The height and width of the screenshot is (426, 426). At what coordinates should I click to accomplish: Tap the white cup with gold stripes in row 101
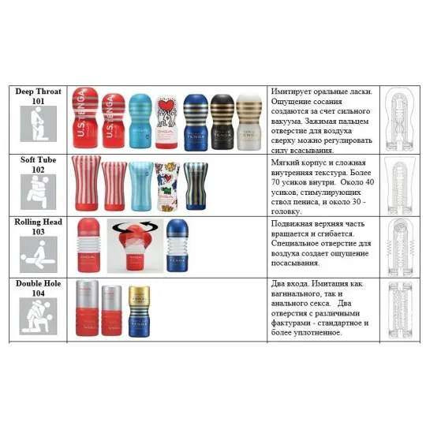pyautogui.click(x=251, y=121)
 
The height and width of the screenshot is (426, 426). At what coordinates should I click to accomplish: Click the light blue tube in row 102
pyautogui.click(x=141, y=185)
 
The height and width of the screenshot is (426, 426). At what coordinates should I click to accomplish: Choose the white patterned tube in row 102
pyautogui.click(x=168, y=186)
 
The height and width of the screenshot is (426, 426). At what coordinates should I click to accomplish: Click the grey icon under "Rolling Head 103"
pyautogui.click(x=34, y=255)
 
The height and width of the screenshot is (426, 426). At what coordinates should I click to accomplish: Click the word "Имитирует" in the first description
pyautogui.click(x=294, y=92)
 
